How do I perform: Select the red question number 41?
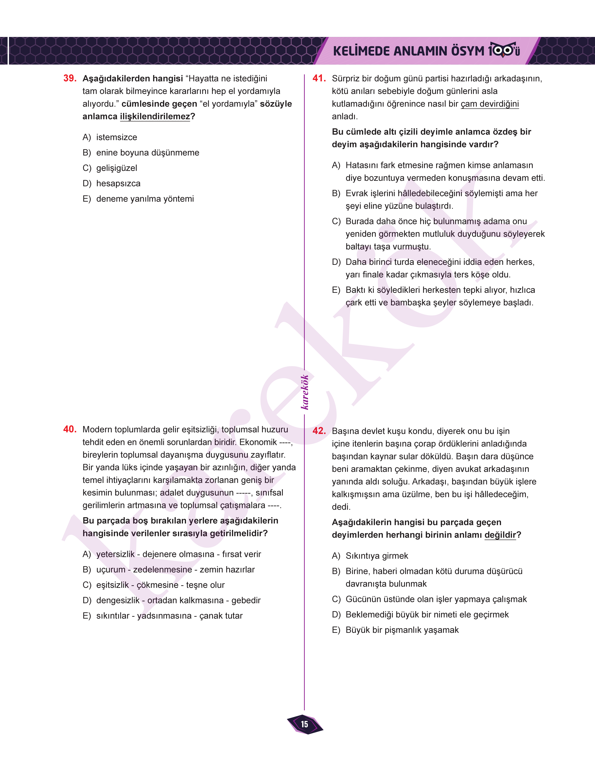pos(319,78)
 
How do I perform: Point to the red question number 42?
pos(319,431)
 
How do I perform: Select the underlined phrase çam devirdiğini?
pos(489,104)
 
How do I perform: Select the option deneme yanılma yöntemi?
pos(145,199)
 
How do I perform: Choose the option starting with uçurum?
pos(175,570)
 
